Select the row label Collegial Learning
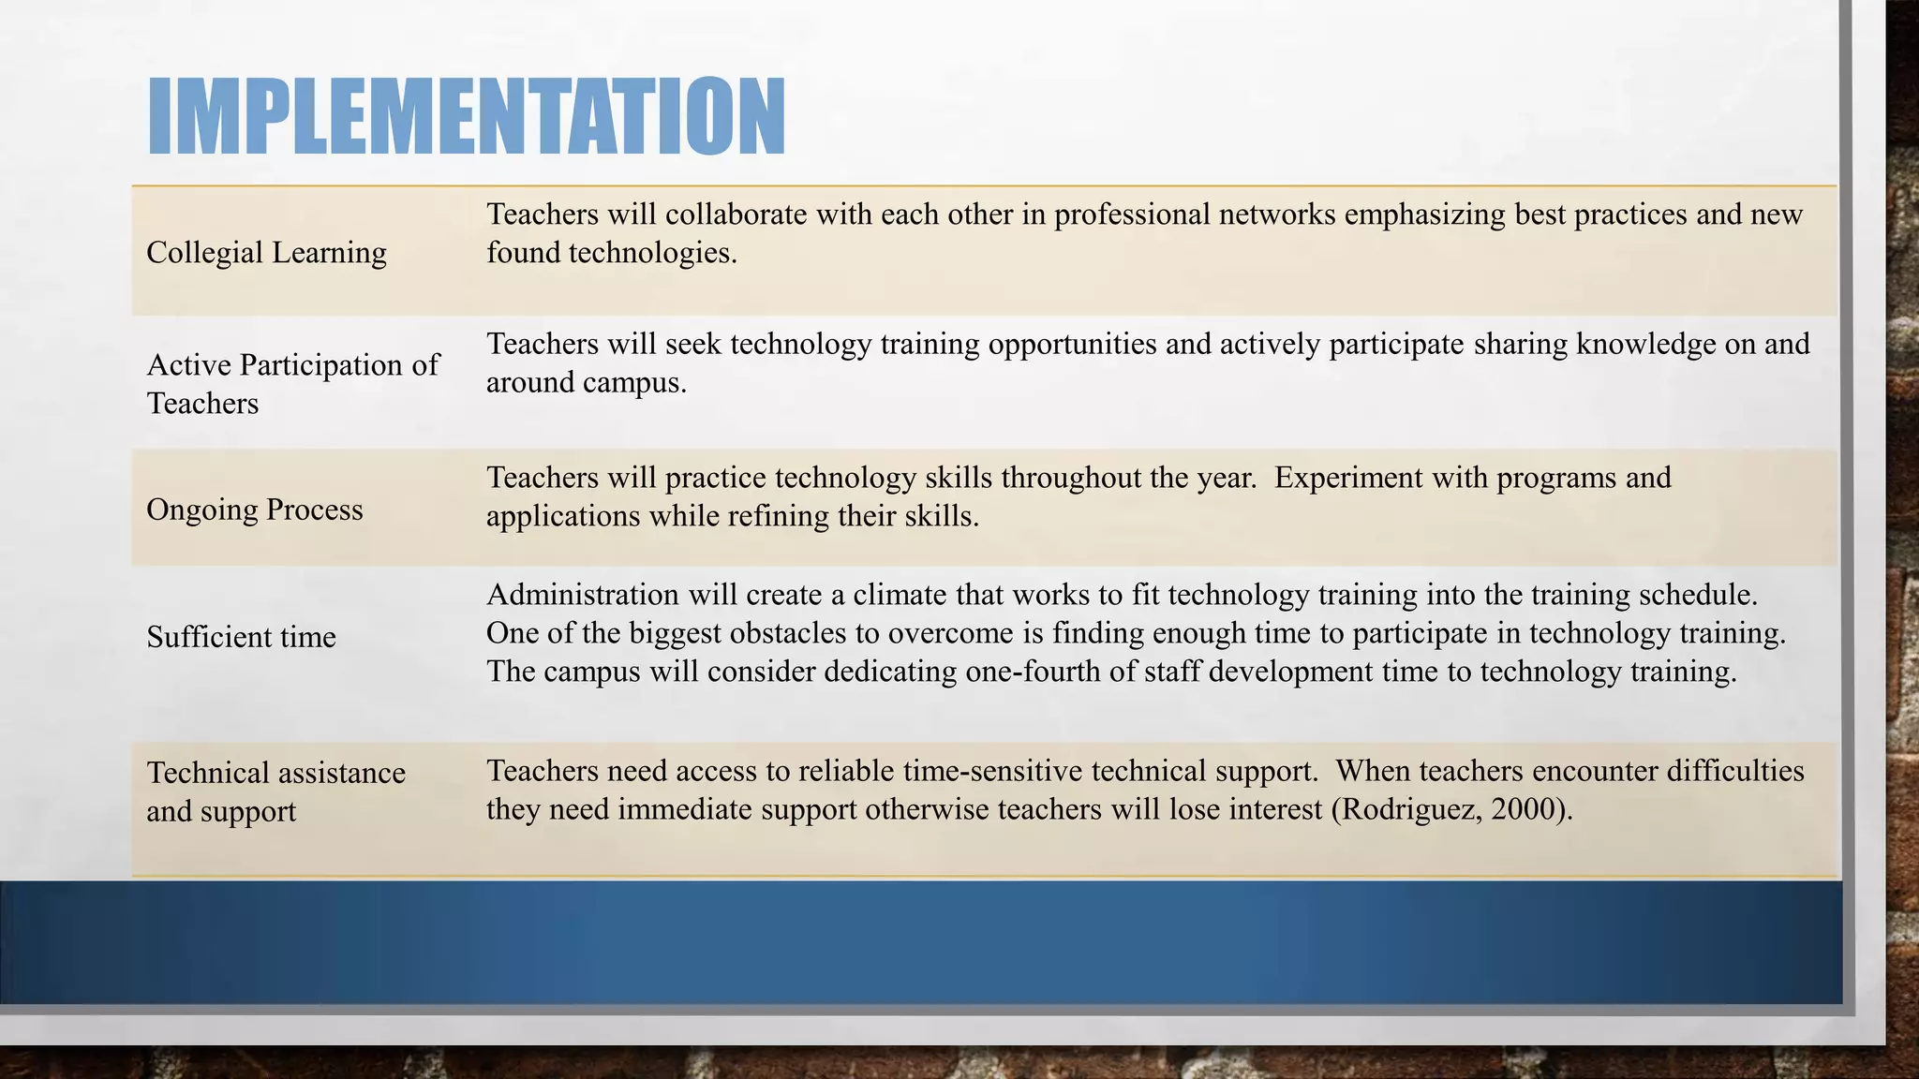pos(266,252)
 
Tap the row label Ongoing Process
pos(254,510)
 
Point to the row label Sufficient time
pos(241,637)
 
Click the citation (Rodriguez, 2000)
pos(1451,808)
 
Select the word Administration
pos(582,595)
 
